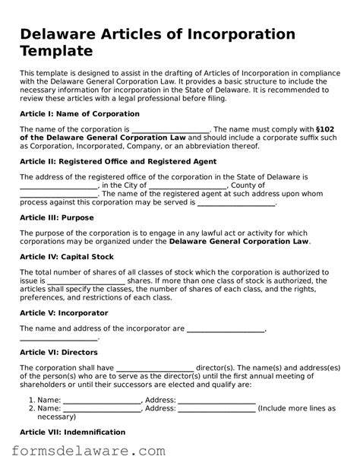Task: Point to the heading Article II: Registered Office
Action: [x=118, y=161]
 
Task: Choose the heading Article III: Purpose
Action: [x=56, y=217]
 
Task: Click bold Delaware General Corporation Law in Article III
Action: [x=239, y=242]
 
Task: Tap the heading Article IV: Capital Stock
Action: [x=66, y=257]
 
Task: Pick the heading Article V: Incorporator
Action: [x=63, y=312]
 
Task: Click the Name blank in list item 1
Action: [x=102, y=401]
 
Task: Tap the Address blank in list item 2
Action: [x=216, y=409]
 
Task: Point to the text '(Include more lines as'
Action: [x=296, y=408]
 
